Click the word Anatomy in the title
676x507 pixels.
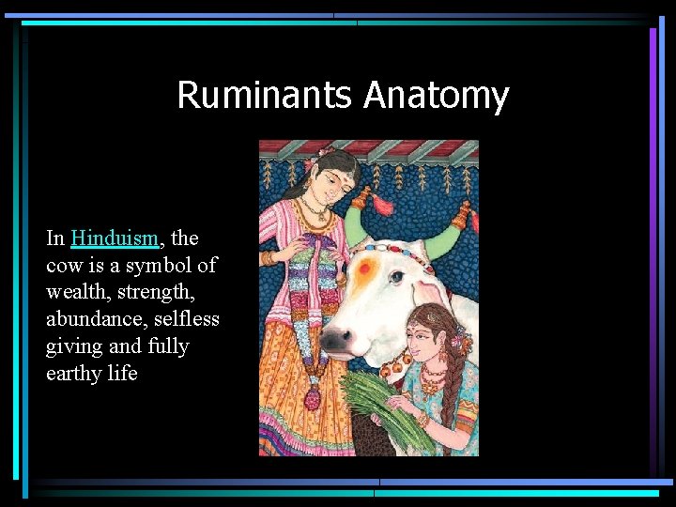[436, 96]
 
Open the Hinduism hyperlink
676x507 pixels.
[113, 238]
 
